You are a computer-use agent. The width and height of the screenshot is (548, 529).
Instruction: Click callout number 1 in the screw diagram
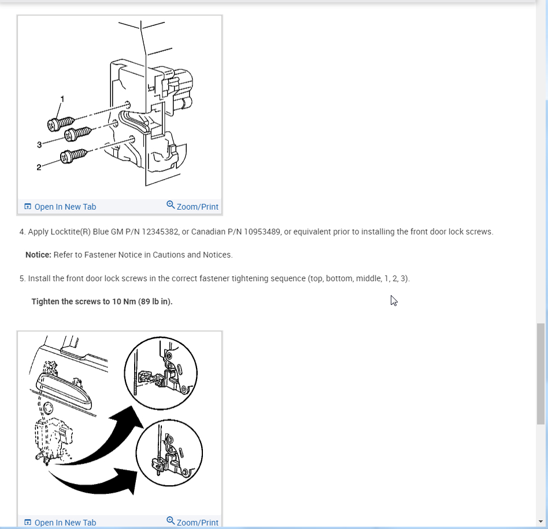tap(62, 99)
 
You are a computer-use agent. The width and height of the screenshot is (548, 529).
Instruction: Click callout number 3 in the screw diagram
tap(39, 144)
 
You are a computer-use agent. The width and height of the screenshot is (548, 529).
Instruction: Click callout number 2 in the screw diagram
tap(39, 167)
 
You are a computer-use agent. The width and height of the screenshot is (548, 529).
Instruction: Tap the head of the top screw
tap(53, 125)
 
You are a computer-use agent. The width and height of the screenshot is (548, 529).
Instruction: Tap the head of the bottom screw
tap(66, 157)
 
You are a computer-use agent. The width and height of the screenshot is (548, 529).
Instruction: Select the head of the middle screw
tap(71, 135)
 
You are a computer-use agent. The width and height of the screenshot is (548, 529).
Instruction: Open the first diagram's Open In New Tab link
tap(60, 207)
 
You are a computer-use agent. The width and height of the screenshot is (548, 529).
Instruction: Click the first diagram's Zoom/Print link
tap(192, 206)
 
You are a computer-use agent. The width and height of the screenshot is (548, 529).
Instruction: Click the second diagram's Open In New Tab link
tap(60, 523)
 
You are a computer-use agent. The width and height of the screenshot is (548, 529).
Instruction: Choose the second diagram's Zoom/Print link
tap(192, 521)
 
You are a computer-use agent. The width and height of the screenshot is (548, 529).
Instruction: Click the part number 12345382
tap(160, 232)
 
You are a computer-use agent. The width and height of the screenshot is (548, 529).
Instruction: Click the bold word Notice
tap(39, 255)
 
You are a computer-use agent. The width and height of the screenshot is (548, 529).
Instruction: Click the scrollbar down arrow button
tap(541, 521)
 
